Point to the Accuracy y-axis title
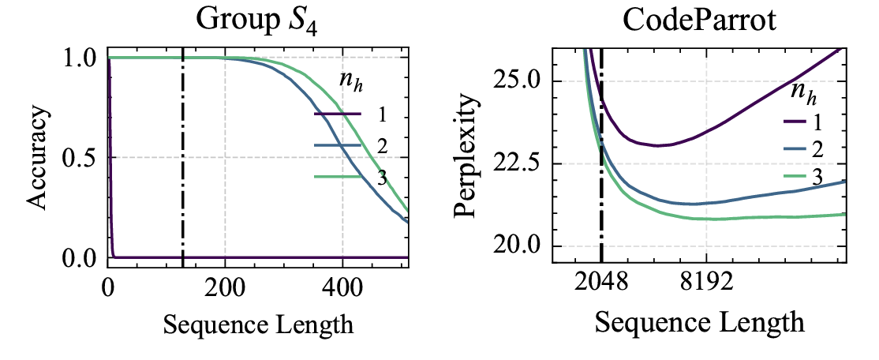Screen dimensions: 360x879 tap(37, 158)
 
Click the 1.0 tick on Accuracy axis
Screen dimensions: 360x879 tap(81, 58)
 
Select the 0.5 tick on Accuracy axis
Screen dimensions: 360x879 tap(81, 158)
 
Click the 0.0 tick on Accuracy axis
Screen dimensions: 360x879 tap(81, 257)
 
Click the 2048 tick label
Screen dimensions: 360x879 tap(601, 283)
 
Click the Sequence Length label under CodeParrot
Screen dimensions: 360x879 tap(698, 322)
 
